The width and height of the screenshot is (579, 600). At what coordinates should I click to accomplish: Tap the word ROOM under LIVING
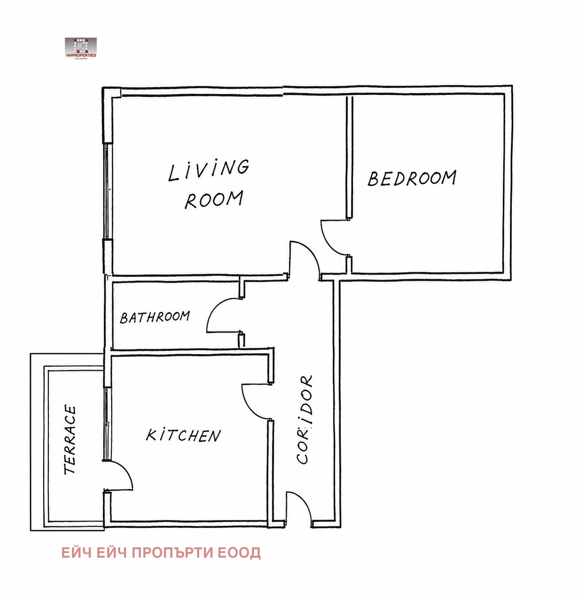214,199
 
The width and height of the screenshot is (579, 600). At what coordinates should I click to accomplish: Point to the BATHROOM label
154,317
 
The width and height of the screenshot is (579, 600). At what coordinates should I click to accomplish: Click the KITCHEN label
183,435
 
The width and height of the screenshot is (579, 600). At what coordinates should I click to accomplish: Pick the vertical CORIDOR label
305,419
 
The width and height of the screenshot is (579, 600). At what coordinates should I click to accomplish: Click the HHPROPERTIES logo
81,49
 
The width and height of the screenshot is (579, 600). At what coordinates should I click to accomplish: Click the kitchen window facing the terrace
107,424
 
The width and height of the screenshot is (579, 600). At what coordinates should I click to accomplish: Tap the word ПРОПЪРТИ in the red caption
172,553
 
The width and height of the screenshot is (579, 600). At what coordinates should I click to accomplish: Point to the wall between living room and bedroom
349,157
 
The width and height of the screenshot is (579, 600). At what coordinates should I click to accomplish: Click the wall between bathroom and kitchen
191,352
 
